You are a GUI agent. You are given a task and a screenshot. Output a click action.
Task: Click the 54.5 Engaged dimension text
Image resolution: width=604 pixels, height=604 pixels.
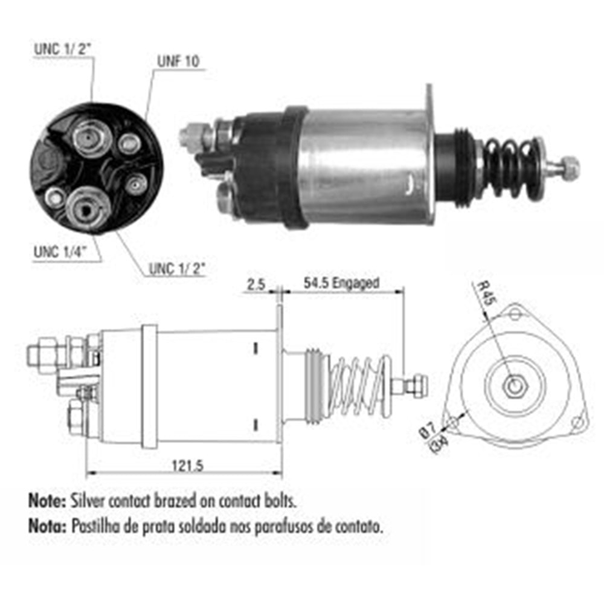click(342, 283)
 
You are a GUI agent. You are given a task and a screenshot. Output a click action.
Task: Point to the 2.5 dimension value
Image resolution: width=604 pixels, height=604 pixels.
click(256, 283)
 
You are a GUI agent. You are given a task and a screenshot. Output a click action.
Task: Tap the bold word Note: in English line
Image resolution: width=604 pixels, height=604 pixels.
click(47, 501)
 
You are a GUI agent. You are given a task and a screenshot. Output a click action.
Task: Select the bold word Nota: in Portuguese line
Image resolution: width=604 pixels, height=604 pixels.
click(47, 525)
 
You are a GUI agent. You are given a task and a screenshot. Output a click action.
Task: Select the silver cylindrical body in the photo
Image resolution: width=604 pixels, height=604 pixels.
click(362, 166)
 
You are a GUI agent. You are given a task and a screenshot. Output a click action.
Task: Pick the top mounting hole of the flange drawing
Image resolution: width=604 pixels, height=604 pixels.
click(515, 314)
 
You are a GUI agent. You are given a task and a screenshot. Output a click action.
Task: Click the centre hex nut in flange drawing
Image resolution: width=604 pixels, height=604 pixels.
click(514, 386)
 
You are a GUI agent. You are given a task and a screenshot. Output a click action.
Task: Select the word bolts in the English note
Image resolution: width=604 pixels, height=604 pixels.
click(283, 501)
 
